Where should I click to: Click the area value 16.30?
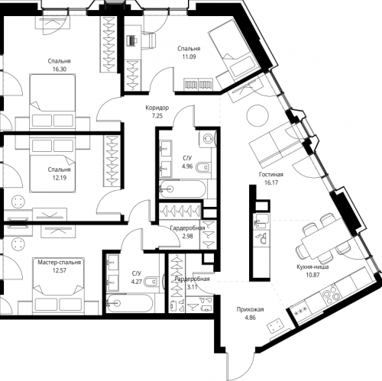tap(58, 67)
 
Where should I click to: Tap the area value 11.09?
tap(187, 56)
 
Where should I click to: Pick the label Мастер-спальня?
tap(58, 262)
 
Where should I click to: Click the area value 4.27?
tap(137, 280)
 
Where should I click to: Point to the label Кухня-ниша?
tap(313, 266)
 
